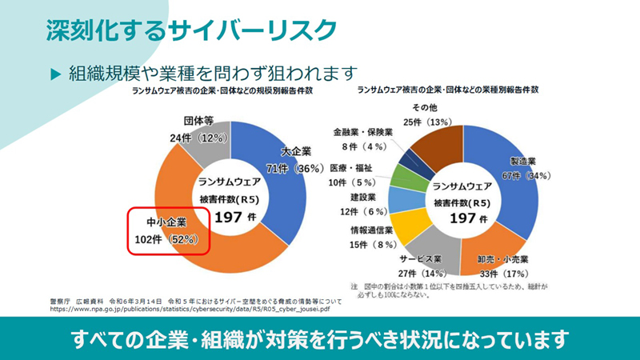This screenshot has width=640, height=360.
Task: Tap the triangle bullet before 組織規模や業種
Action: point(55,73)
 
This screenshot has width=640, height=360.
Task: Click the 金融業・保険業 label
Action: point(362,132)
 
